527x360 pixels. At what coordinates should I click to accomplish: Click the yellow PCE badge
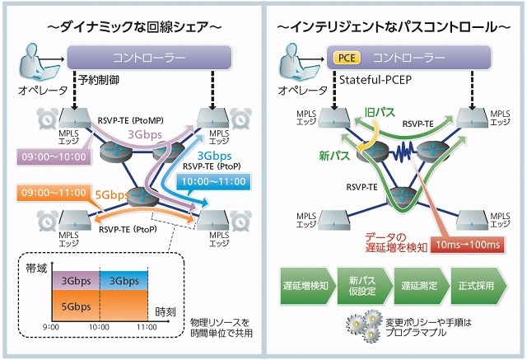pos(345,58)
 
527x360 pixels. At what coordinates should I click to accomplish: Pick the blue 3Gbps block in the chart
pos(124,280)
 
